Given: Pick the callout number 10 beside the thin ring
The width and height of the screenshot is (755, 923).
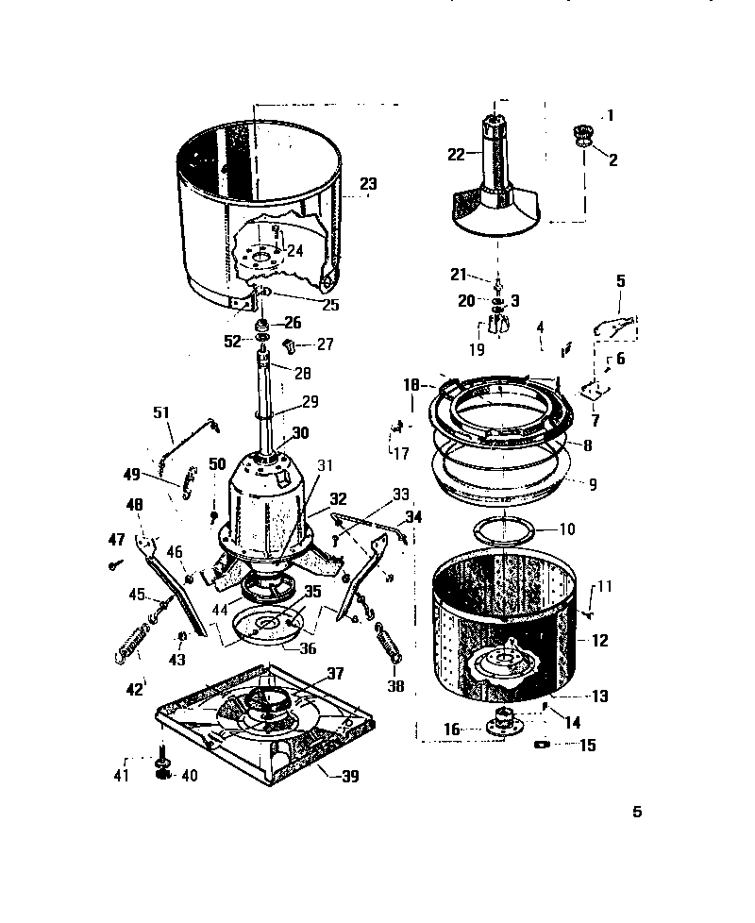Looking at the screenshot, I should [x=593, y=529].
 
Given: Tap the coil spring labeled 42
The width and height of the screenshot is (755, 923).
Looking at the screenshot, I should [x=135, y=642].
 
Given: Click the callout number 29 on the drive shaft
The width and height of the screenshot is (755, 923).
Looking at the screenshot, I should [x=310, y=402].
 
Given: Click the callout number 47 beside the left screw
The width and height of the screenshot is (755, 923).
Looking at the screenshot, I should [x=115, y=541].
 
